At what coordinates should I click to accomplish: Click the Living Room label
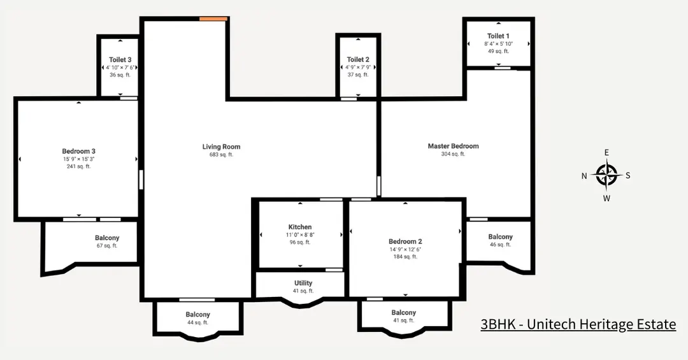click(221, 147)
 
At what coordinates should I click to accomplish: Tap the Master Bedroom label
click(453, 146)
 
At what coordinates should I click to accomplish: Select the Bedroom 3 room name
click(78, 151)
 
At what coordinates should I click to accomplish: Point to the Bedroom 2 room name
click(405, 241)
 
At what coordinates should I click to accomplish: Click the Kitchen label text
click(300, 227)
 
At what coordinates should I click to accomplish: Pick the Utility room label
click(303, 283)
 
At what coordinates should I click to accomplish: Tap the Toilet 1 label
click(498, 36)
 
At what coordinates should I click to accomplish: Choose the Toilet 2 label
click(358, 60)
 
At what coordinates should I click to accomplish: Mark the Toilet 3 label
click(120, 60)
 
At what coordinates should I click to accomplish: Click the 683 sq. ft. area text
click(221, 155)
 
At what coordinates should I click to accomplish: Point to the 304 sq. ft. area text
click(453, 154)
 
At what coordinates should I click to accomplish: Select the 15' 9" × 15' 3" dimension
click(78, 159)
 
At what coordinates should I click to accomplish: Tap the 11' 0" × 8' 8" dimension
click(300, 234)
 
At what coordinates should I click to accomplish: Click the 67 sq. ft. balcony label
click(107, 245)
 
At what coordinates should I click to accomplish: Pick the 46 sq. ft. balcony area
click(500, 245)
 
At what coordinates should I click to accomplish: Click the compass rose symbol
click(606, 174)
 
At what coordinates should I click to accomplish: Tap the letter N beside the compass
click(584, 176)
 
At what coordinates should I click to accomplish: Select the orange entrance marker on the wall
click(213, 19)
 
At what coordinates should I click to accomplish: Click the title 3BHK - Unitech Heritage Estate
click(578, 324)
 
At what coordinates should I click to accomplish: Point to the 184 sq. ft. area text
click(405, 257)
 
